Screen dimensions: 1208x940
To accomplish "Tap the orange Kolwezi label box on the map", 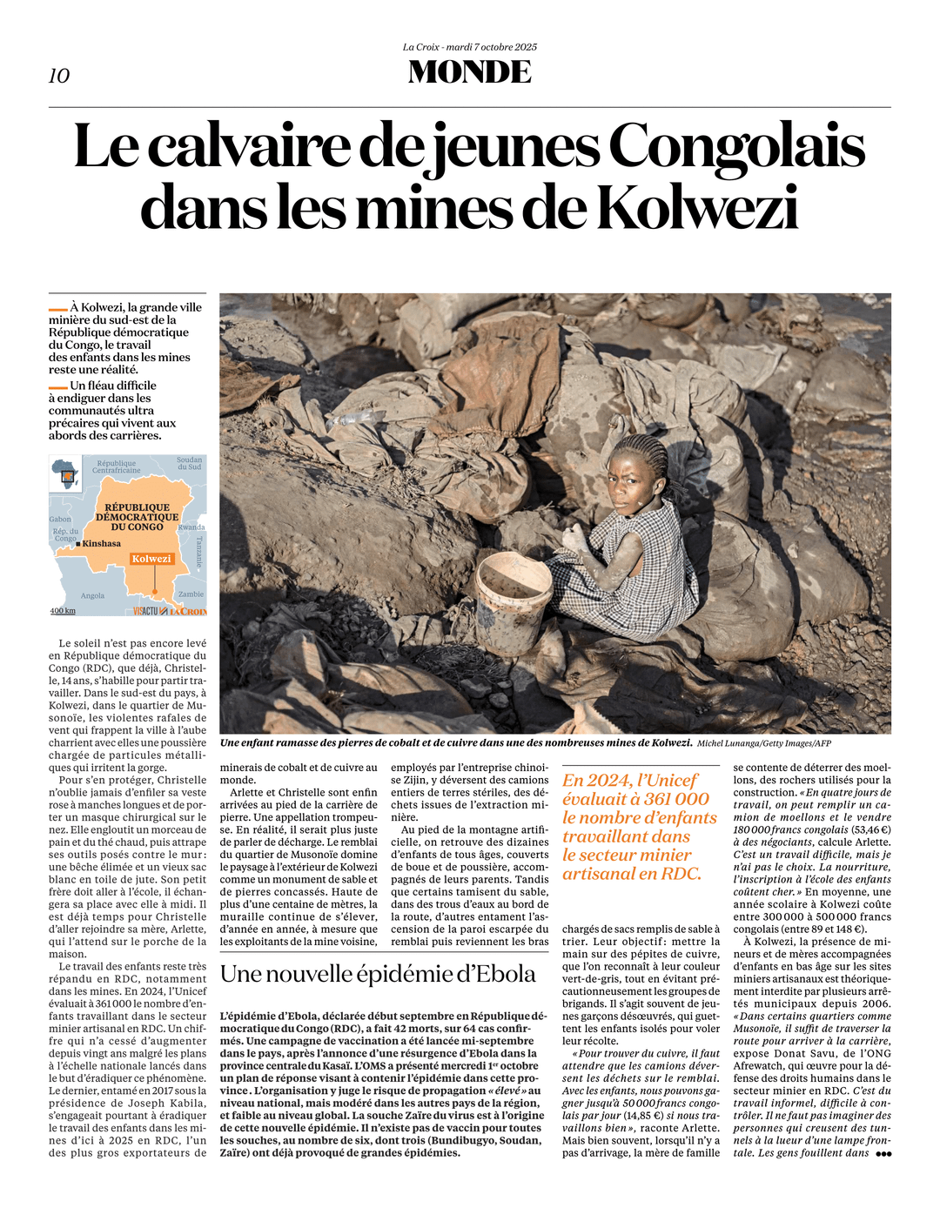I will click(x=151, y=559).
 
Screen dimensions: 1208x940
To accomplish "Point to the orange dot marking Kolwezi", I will click(x=154, y=592).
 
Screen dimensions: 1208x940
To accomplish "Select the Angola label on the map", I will click(x=92, y=596).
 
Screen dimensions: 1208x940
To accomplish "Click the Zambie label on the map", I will click(x=191, y=594).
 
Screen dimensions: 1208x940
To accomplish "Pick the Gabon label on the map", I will click(x=60, y=520).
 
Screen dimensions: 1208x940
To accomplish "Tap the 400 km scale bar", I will click(x=63, y=611).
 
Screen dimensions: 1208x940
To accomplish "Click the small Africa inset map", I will click(x=65, y=473).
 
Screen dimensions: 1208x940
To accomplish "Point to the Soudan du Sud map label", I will click(x=189, y=463).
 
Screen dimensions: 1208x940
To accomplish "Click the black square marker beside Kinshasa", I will click(x=78, y=544).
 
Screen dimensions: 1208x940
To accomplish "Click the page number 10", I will click(x=59, y=76).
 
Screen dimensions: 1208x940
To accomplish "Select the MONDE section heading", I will click(x=470, y=72).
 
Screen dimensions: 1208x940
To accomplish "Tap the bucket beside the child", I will click(x=514, y=590).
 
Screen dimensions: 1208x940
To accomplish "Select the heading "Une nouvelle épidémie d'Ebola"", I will click(x=378, y=974).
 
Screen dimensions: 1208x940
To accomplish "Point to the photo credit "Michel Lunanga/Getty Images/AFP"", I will click(x=763, y=743).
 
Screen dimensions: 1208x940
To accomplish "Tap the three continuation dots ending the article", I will click(x=883, y=1154).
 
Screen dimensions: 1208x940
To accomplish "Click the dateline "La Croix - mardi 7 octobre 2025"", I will click(x=470, y=47).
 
